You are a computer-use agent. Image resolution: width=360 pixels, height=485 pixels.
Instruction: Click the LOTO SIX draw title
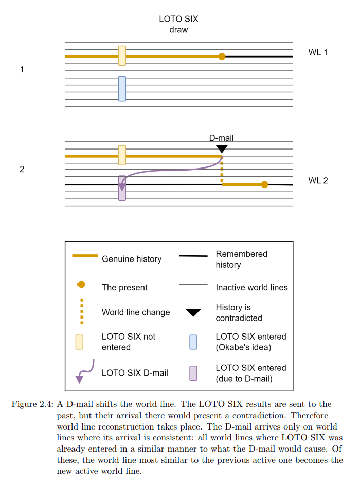point(178,24)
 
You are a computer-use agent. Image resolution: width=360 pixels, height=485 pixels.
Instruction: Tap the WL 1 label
point(318,52)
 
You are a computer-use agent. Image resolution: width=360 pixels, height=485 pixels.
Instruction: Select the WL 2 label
point(318,180)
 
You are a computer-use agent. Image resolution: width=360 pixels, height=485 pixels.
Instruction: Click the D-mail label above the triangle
point(221,138)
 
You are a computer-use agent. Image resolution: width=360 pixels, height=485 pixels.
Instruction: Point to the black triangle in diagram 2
point(222,149)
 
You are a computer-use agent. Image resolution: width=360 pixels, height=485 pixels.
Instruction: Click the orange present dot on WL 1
point(222,57)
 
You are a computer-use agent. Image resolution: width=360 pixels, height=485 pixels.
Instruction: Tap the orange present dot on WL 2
point(264,184)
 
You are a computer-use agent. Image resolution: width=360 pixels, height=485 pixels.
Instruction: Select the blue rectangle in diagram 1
point(122,88)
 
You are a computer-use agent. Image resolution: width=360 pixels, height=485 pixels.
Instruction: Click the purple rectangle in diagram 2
point(122,188)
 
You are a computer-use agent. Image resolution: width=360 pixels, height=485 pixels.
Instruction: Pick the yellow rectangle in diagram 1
point(122,55)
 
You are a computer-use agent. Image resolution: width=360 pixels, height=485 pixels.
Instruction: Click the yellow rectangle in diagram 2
point(122,155)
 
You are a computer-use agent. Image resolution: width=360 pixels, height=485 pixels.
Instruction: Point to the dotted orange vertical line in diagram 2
point(222,170)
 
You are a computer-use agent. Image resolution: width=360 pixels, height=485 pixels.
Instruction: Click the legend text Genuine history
point(132,259)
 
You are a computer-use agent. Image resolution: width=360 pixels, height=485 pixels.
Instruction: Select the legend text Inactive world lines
point(251,287)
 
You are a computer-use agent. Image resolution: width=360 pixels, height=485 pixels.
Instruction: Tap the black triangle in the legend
point(193,312)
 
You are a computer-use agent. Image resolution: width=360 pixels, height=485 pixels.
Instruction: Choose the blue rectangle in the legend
point(193,342)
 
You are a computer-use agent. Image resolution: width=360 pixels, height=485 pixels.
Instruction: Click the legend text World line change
point(136,312)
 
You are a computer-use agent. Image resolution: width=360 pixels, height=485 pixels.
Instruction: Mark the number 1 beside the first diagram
point(22,69)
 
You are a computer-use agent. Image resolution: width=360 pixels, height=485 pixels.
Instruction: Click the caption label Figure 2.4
point(32,404)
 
